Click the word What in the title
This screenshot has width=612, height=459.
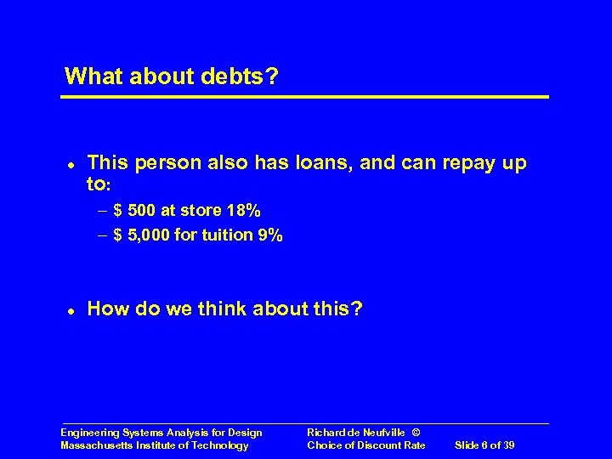click(93, 76)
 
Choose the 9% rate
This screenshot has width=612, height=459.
click(268, 235)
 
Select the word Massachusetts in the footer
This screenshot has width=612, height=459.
click(96, 445)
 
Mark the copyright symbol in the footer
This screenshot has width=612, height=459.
click(416, 433)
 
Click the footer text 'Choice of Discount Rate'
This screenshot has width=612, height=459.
click(365, 445)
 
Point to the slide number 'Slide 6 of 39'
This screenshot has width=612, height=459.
click(485, 445)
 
